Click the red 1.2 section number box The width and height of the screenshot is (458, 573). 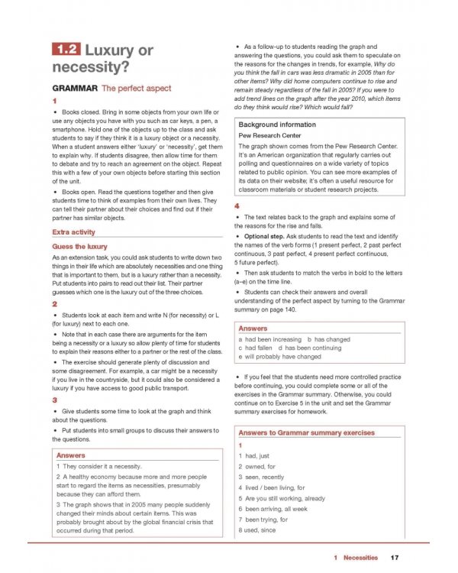click(x=66, y=52)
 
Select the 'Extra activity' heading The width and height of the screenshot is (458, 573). click(x=73, y=231)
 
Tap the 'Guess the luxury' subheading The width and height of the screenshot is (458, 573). click(x=80, y=247)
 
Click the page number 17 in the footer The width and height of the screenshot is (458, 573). click(x=394, y=558)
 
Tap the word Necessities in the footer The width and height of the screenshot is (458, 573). click(x=360, y=558)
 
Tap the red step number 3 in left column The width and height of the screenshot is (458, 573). click(x=55, y=400)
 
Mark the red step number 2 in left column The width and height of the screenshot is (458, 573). click(x=55, y=303)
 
